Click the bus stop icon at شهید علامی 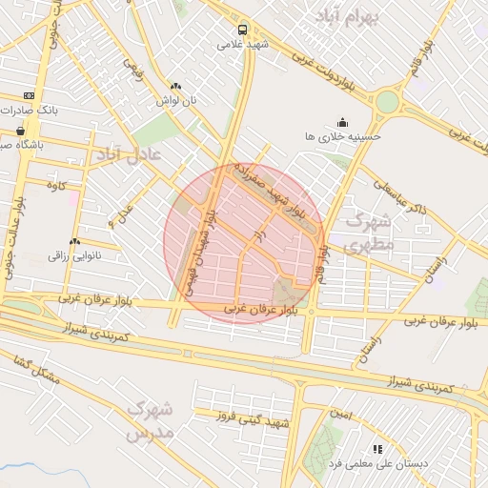point(244,30)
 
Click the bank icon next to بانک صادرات point(29,95)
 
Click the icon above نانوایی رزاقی point(74,241)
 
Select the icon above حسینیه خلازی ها point(342,122)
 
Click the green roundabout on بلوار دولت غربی point(387,101)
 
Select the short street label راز point(255,232)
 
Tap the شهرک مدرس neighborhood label point(151,421)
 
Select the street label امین point(341,417)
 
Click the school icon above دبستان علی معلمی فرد point(377,448)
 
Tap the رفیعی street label point(133,70)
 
